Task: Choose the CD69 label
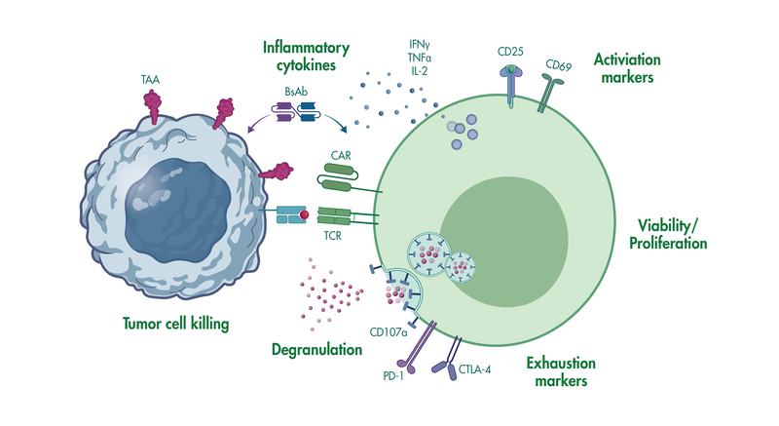pos(558,65)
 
